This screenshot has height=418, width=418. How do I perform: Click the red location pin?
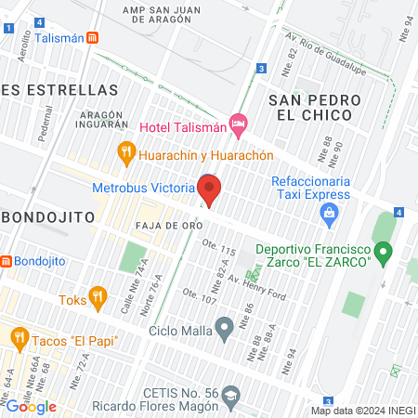[x=209, y=190]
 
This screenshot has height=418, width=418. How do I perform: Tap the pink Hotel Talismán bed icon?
[x=239, y=123]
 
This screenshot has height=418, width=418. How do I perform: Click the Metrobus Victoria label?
[x=143, y=187]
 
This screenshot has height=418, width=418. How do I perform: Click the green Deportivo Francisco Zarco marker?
[x=382, y=253]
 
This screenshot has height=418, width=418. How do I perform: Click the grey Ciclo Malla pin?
[x=224, y=327]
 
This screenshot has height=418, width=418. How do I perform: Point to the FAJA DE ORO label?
[x=167, y=226]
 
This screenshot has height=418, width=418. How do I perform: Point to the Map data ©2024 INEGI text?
[x=362, y=410]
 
